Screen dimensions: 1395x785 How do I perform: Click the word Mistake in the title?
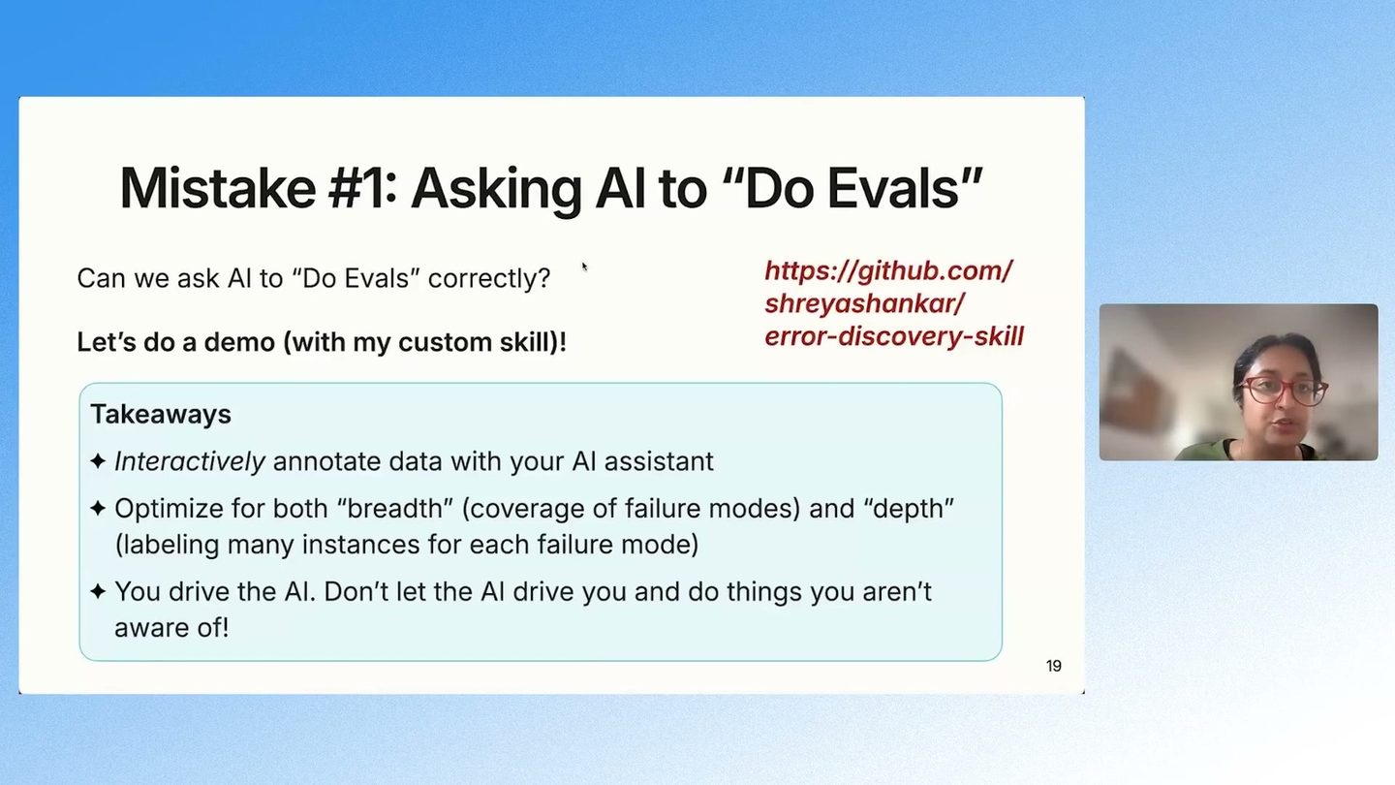(x=217, y=188)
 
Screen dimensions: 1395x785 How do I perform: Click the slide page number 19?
(x=1053, y=666)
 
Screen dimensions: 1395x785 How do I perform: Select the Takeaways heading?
(x=161, y=415)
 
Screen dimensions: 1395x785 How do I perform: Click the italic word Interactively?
(x=190, y=461)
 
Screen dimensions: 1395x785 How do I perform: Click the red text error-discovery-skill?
(x=893, y=336)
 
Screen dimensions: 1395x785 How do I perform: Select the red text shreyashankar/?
(x=864, y=304)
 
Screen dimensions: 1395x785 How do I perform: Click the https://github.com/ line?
(x=888, y=271)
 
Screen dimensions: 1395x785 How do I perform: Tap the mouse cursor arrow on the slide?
(x=585, y=267)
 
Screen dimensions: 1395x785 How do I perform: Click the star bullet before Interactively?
(x=98, y=461)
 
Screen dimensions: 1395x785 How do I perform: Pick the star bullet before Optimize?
(x=98, y=509)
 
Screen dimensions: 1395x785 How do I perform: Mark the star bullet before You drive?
(x=98, y=591)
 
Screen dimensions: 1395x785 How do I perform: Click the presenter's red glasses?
(x=1283, y=391)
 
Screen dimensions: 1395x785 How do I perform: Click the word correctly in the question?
(x=489, y=278)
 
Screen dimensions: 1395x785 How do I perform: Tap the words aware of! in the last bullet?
(x=171, y=627)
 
